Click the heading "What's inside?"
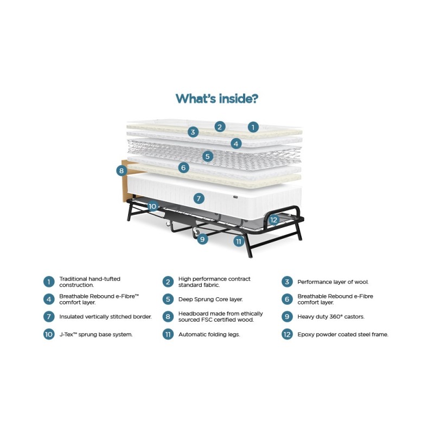pyautogui.click(x=217, y=99)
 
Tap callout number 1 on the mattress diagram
pyautogui.click(x=253, y=127)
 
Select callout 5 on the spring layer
pyautogui.click(x=208, y=156)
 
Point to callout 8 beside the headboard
pyautogui.click(x=122, y=171)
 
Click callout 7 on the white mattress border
pyautogui.click(x=199, y=199)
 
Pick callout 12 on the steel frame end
pyautogui.click(x=273, y=220)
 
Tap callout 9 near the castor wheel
pyautogui.click(x=202, y=239)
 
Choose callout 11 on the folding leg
pyautogui.click(x=239, y=241)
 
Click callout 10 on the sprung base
pyautogui.click(x=152, y=206)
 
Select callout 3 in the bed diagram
pyautogui.click(x=193, y=132)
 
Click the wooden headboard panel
pyautogui.click(x=124, y=181)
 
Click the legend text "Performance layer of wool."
pyautogui.click(x=333, y=282)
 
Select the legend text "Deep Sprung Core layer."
pyautogui.click(x=210, y=299)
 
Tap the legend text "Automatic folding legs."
pyautogui.click(x=209, y=334)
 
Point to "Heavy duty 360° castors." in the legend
pyautogui.click(x=331, y=317)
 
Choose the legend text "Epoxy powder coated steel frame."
pyautogui.click(x=343, y=334)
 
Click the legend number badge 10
pyautogui.click(x=49, y=334)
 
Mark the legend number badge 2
pyautogui.click(x=168, y=282)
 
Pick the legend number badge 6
pyautogui.click(x=287, y=299)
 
